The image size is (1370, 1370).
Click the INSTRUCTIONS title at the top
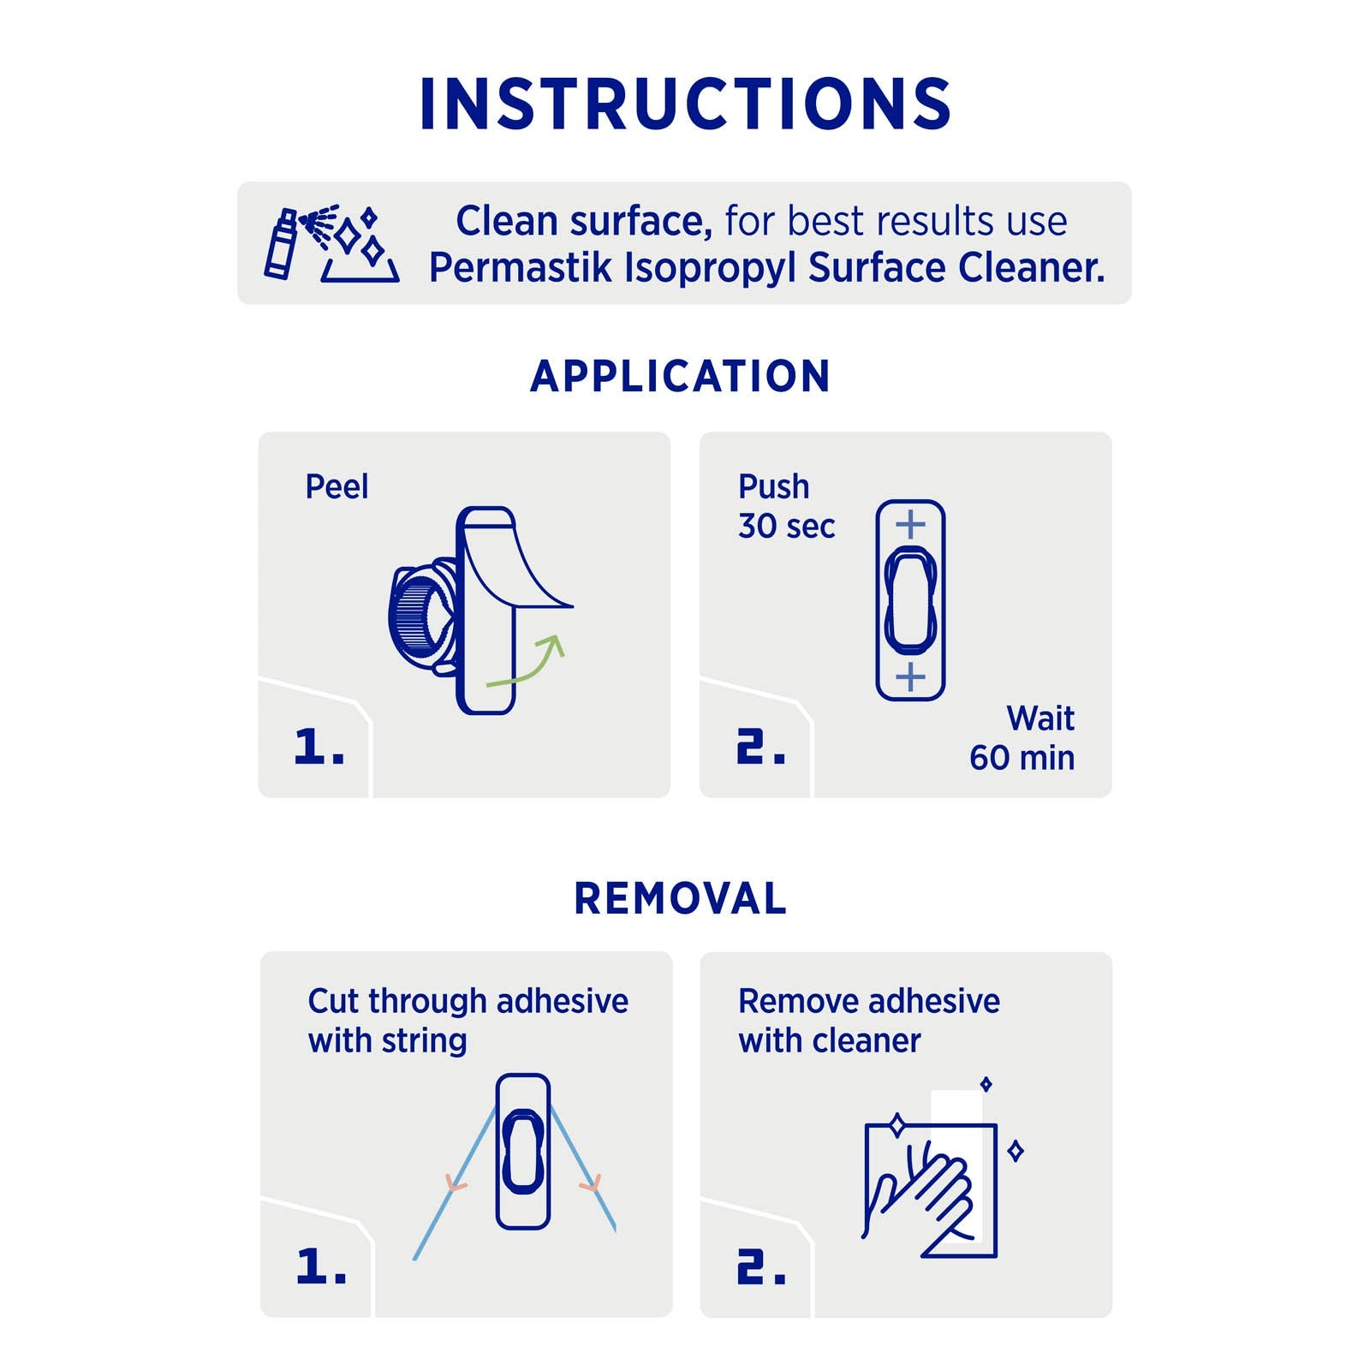pyautogui.click(x=685, y=104)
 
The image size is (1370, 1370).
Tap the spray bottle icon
pyautogui.click(x=280, y=245)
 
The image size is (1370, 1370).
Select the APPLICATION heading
pyautogui.click(x=681, y=376)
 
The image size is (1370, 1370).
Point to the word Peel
pyautogui.click(x=337, y=486)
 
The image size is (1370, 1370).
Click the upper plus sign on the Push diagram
pyautogui.click(x=910, y=524)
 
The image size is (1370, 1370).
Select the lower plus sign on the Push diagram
pyautogui.click(x=910, y=676)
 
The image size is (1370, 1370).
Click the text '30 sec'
pyautogui.click(x=786, y=526)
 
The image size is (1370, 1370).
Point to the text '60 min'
pyautogui.click(x=1022, y=758)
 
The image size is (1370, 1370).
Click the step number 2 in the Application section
pyautogui.click(x=760, y=747)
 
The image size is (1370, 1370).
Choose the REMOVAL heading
pyautogui.click(x=681, y=898)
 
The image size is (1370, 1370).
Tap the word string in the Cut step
pyautogui.click(x=425, y=1042)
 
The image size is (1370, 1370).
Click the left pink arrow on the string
pyautogui.click(x=456, y=1184)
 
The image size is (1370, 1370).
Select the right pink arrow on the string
pyautogui.click(x=590, y=1184)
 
